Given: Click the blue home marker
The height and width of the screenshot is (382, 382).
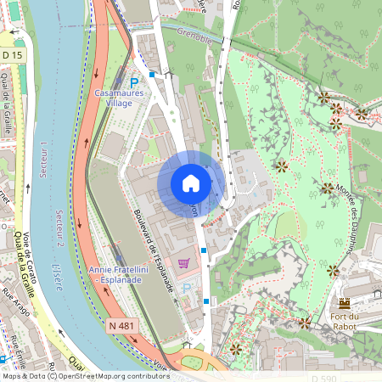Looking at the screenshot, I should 190,183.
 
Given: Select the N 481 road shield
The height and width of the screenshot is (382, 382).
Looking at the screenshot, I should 121,324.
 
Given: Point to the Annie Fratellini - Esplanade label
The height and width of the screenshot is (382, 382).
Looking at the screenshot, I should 118,274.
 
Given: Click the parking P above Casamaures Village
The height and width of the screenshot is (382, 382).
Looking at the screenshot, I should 133,82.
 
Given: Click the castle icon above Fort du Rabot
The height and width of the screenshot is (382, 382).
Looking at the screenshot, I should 345,303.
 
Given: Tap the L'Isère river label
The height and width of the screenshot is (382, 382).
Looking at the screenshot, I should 58,276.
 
